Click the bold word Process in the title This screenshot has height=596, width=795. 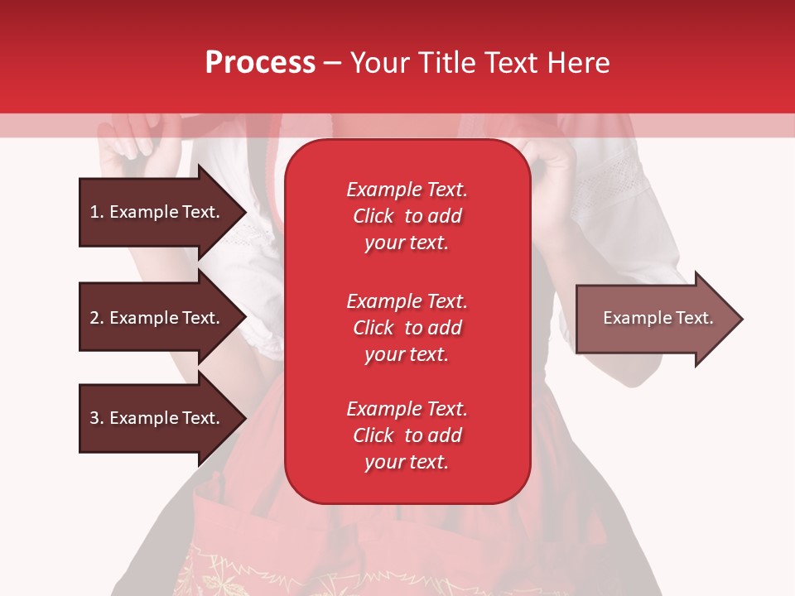pyautogui.click(x=260, y=62)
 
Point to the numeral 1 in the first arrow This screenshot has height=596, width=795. pyautogui.click(x=94, y=212)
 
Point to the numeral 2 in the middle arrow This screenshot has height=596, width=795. pyautogui.click(x=94, y=318)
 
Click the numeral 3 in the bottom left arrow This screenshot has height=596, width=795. pyautogui.click(x=94, y=418)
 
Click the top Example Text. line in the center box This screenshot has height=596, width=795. pyautogui.click(x=407, y=190)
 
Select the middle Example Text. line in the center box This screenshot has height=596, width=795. pyautogui.click(x=407, y=300)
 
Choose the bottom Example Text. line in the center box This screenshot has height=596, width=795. pyautogui.click(x=407, y=409)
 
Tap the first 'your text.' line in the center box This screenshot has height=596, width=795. pyautogui.click(x=407, y=243)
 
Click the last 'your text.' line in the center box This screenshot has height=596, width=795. pyautogui.click(x=407, y=463)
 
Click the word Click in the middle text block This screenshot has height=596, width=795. pyautogui.click(x=373, y=328)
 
